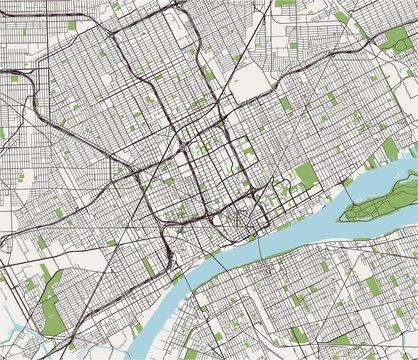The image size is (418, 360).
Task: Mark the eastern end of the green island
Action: pos(413,176)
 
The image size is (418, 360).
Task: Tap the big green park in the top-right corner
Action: pos(398,41)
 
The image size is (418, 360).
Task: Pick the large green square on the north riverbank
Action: pos(306,176)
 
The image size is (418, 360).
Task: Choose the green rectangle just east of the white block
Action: pos(286,102)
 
